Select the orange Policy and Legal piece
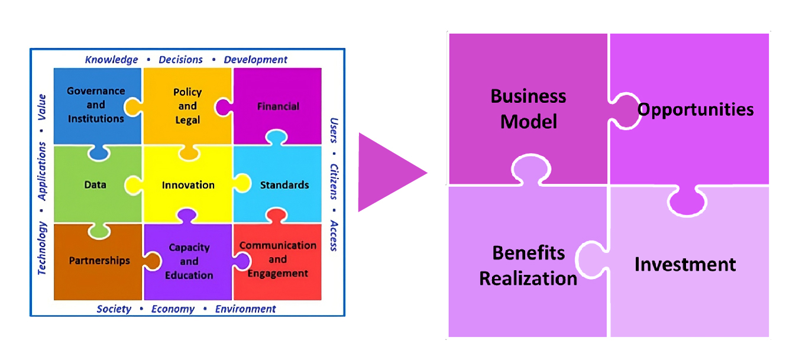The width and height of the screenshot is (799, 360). tap(187, 106)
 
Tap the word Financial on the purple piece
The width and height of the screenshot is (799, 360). tap(278, 106)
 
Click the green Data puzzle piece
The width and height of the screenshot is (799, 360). tap(95, 184)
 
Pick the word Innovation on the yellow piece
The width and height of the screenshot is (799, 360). tap(188, 185)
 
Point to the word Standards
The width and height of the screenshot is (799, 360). tap(284, 185)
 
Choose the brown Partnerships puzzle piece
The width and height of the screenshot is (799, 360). tap(99, 261)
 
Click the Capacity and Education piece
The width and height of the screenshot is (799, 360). tap(189, 261)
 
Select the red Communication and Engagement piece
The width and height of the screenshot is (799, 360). tap(277, 260)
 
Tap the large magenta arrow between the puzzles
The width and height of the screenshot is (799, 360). tap(388, 173)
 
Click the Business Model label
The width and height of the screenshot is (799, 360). tap(528, 109)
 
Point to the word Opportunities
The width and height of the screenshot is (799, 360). tap(695, 109)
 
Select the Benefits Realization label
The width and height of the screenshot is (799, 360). tap(528, 265)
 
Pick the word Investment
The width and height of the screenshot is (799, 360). tap(685, 264)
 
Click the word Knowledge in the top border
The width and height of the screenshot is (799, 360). tap(111, 59)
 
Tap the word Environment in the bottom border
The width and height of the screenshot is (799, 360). tap(245, 309)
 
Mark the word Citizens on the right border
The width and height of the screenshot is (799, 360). tap(334, 181)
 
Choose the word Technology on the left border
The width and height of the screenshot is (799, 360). tap(43, 248)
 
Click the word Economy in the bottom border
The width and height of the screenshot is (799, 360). tap(173, 309)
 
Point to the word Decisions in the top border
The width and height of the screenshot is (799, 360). tap(181, 59)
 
